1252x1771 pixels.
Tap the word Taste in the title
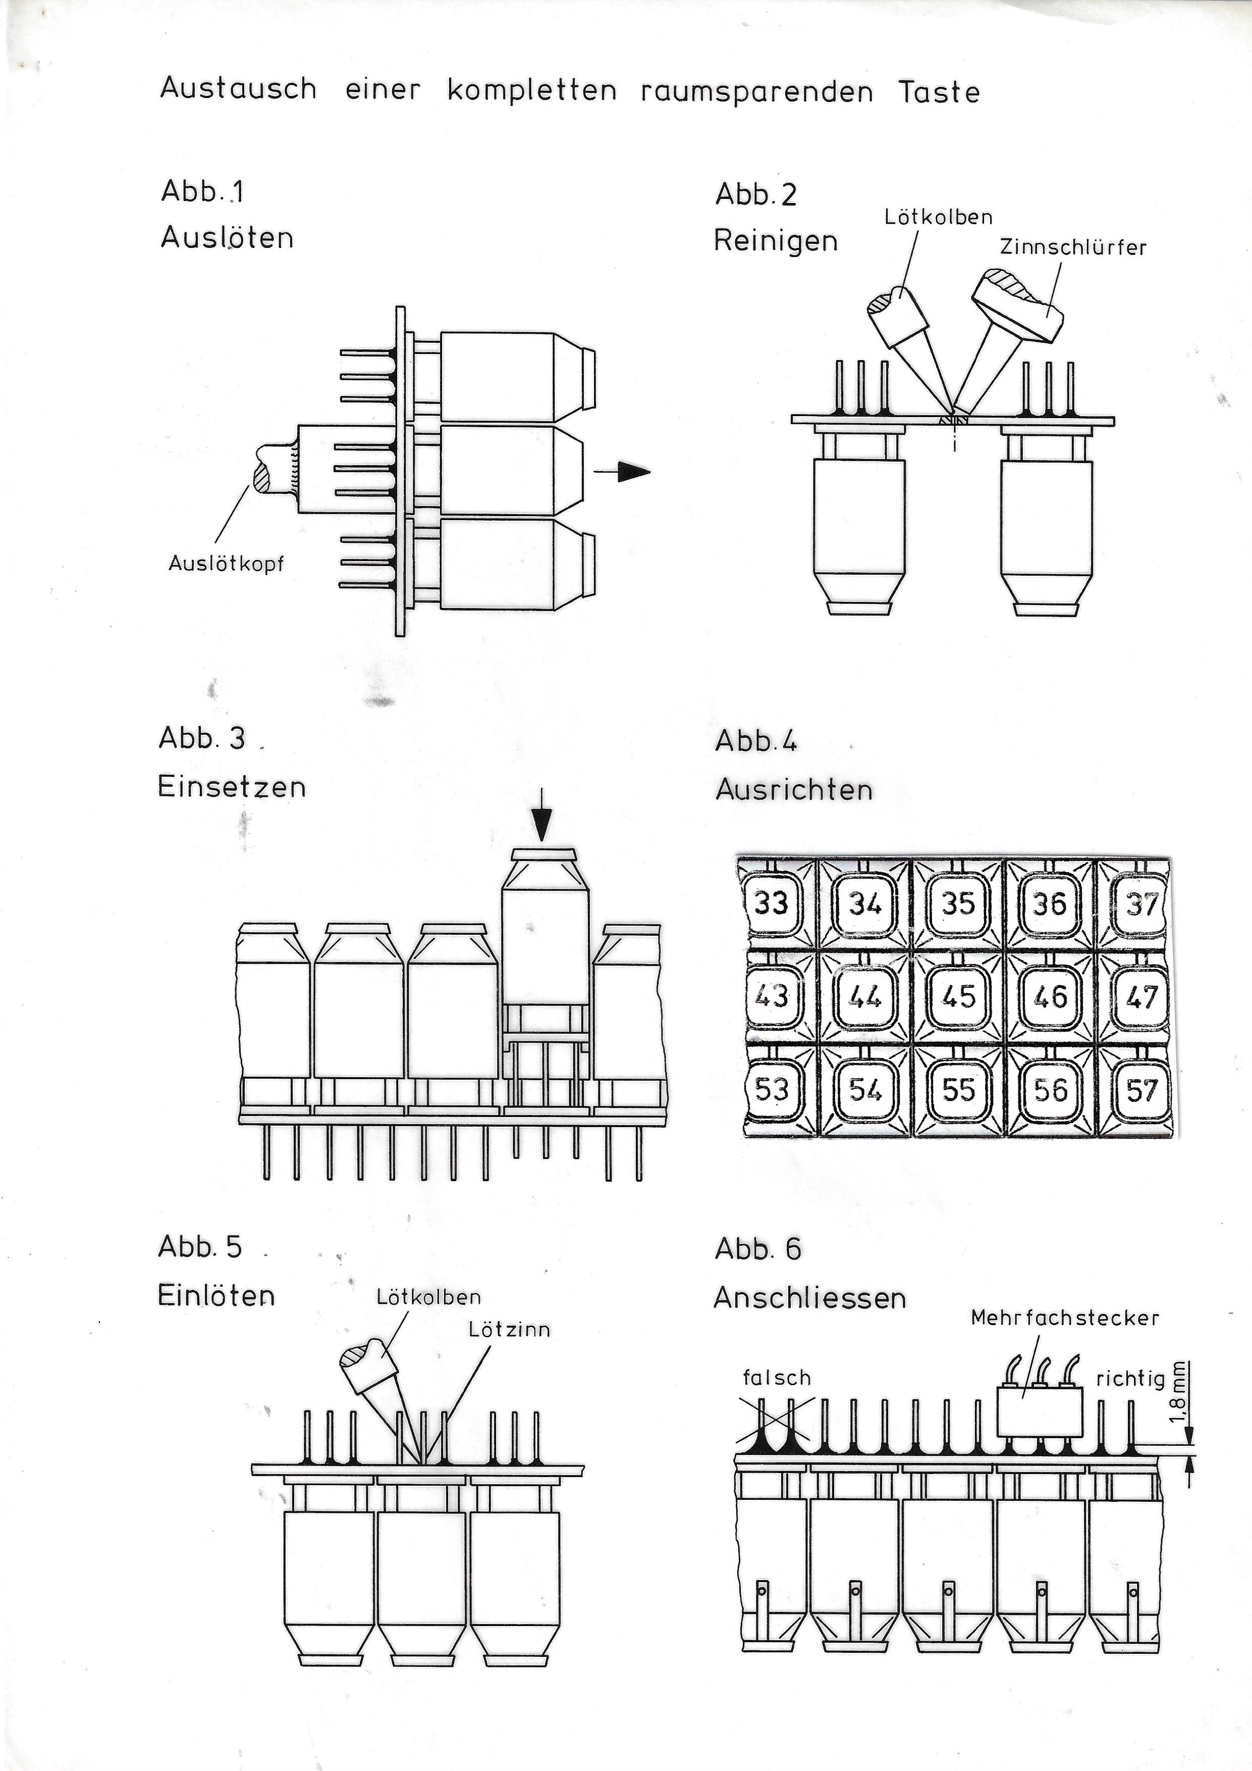(x=939, y=92)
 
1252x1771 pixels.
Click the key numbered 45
(x=958, y=996)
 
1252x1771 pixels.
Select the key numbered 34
(x=865, y=902)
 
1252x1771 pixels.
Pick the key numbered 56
(x=1051, y=1089)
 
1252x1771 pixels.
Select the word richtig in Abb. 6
(x=1130, y=1379)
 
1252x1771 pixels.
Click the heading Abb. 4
(x=755, y=740)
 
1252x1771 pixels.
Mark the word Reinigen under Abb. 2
(x=776, y=241)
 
